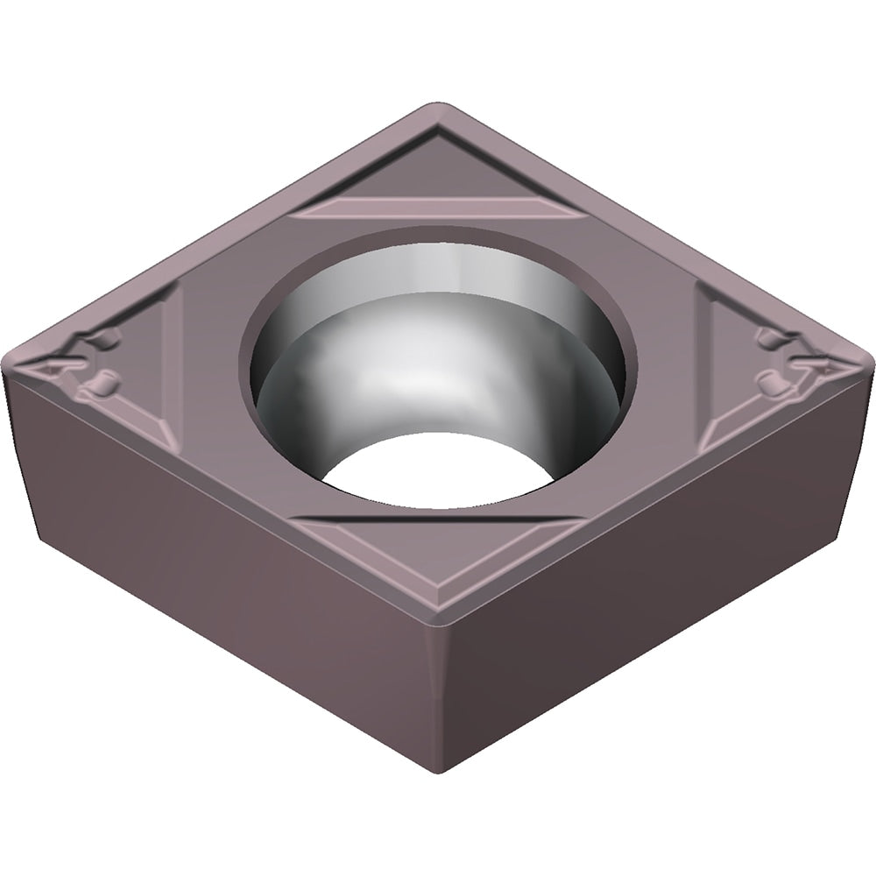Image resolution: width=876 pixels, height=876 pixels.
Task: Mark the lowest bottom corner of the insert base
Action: click(438, 766)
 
